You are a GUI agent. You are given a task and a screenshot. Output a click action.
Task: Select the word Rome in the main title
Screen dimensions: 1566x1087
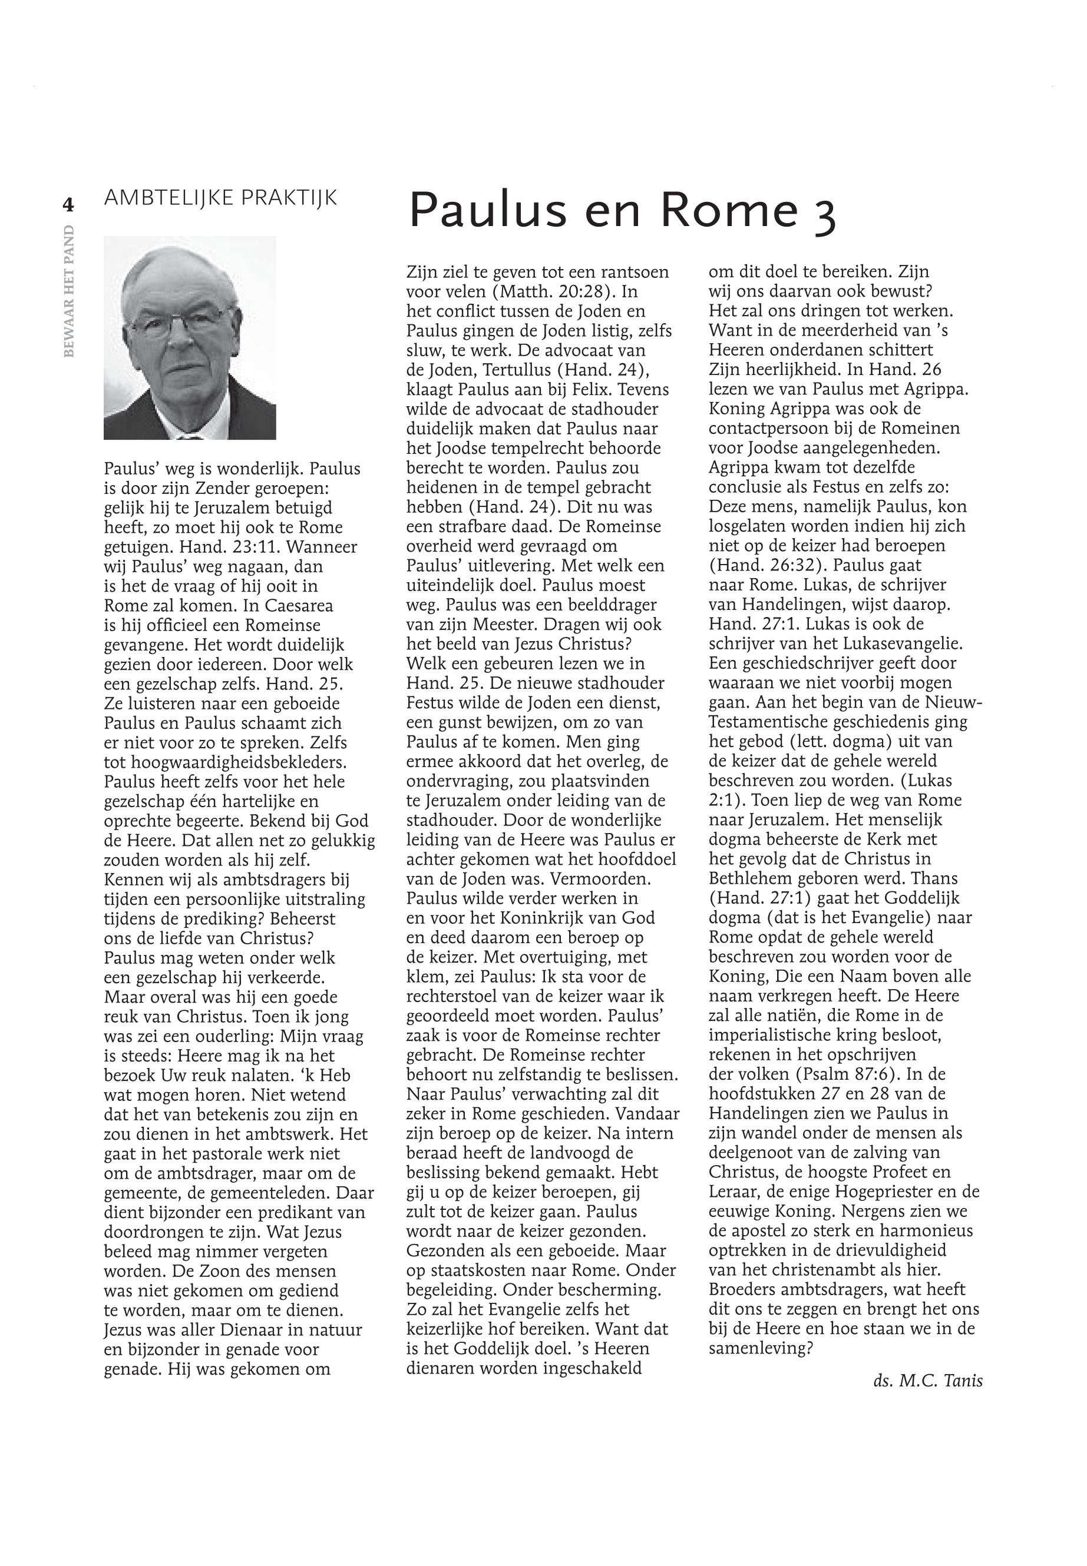tap(728, 210)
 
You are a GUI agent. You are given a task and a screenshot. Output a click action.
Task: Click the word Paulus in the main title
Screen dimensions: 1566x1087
tap(487, 210)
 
